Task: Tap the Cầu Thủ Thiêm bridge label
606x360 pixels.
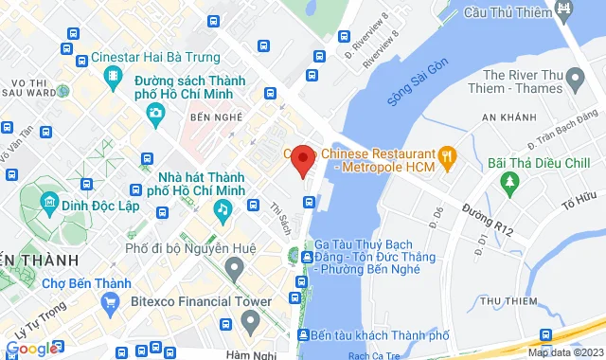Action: point(508,12)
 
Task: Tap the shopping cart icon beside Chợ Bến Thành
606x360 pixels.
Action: point(111,303)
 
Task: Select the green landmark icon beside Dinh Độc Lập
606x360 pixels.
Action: point(46,202)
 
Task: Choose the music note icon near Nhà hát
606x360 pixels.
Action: point(222,207)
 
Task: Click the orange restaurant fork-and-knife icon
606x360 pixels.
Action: point(447,154)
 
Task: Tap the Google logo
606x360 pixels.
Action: point(31,348)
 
